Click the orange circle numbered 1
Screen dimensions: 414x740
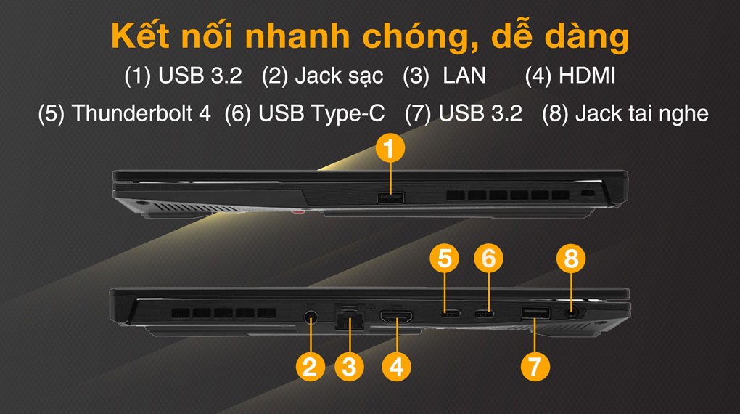(390, 150)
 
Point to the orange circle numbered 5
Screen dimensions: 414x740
(445, 258)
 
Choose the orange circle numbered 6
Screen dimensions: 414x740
(489, 258)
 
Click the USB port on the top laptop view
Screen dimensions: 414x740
(391, 197)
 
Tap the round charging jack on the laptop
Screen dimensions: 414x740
(312, 317)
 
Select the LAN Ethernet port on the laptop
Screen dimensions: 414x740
(350, 318)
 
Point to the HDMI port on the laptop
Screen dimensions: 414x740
(397, 317)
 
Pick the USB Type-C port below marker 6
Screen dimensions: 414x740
(484, 314)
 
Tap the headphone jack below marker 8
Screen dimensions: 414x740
(571, 312)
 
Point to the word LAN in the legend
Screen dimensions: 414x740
(464, 76)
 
